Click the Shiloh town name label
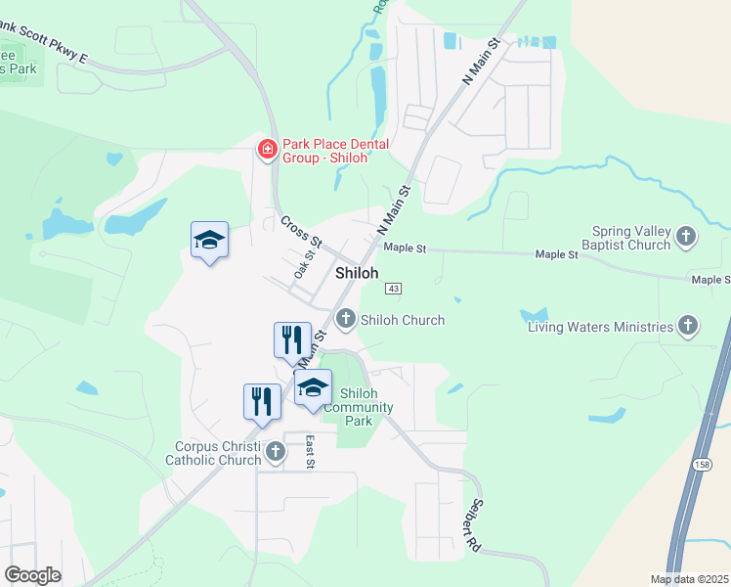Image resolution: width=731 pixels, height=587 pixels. click(x=357, y=273)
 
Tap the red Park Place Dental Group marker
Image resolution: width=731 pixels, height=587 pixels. click(x=266, y=150)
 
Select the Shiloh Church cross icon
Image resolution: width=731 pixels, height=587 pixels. click(x=346, y=319)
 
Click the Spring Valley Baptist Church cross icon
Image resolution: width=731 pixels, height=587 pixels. click(x=687, y=236)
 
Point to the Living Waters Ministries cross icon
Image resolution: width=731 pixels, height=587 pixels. click(x=688, y=327)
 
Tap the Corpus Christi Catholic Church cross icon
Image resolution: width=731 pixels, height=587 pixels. click(x=276, y=452)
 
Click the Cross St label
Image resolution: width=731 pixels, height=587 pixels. click(x=301, y=231)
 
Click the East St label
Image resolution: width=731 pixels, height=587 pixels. click(x=309, y=451)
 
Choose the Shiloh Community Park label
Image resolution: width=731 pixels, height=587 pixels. click(x=359, y=407)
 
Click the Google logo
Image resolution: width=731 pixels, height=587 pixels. click(x=33, y=575)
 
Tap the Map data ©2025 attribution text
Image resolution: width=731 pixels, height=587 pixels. click(x=690, y=579)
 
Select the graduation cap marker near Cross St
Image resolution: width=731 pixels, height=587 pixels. click(x=209, y=241)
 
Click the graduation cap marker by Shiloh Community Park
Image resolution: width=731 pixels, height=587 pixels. click(x=313, y=387)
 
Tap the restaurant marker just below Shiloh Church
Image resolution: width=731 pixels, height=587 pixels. click(x=292, y=340)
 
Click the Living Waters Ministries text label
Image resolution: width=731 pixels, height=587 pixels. click(x=600, y=327)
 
